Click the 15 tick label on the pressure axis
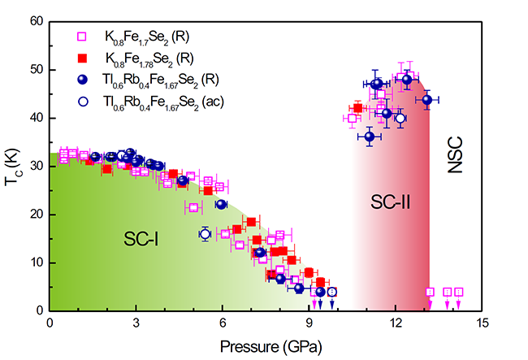click(x=483, y=323)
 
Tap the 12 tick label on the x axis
click(x=396, y=323)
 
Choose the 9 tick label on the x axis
click(x=309, y=323)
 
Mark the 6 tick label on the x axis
click(x=223, y=323)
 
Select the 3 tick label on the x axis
click(x=137, y=323)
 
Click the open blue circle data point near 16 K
click(x=205, y=234)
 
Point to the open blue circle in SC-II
click(x=400, y=118)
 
